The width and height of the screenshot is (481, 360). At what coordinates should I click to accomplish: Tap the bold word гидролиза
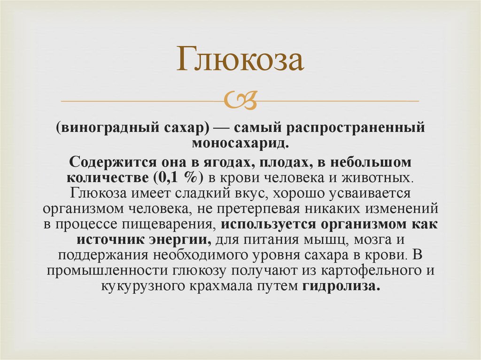pyautogui.click(x=341, y=285)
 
